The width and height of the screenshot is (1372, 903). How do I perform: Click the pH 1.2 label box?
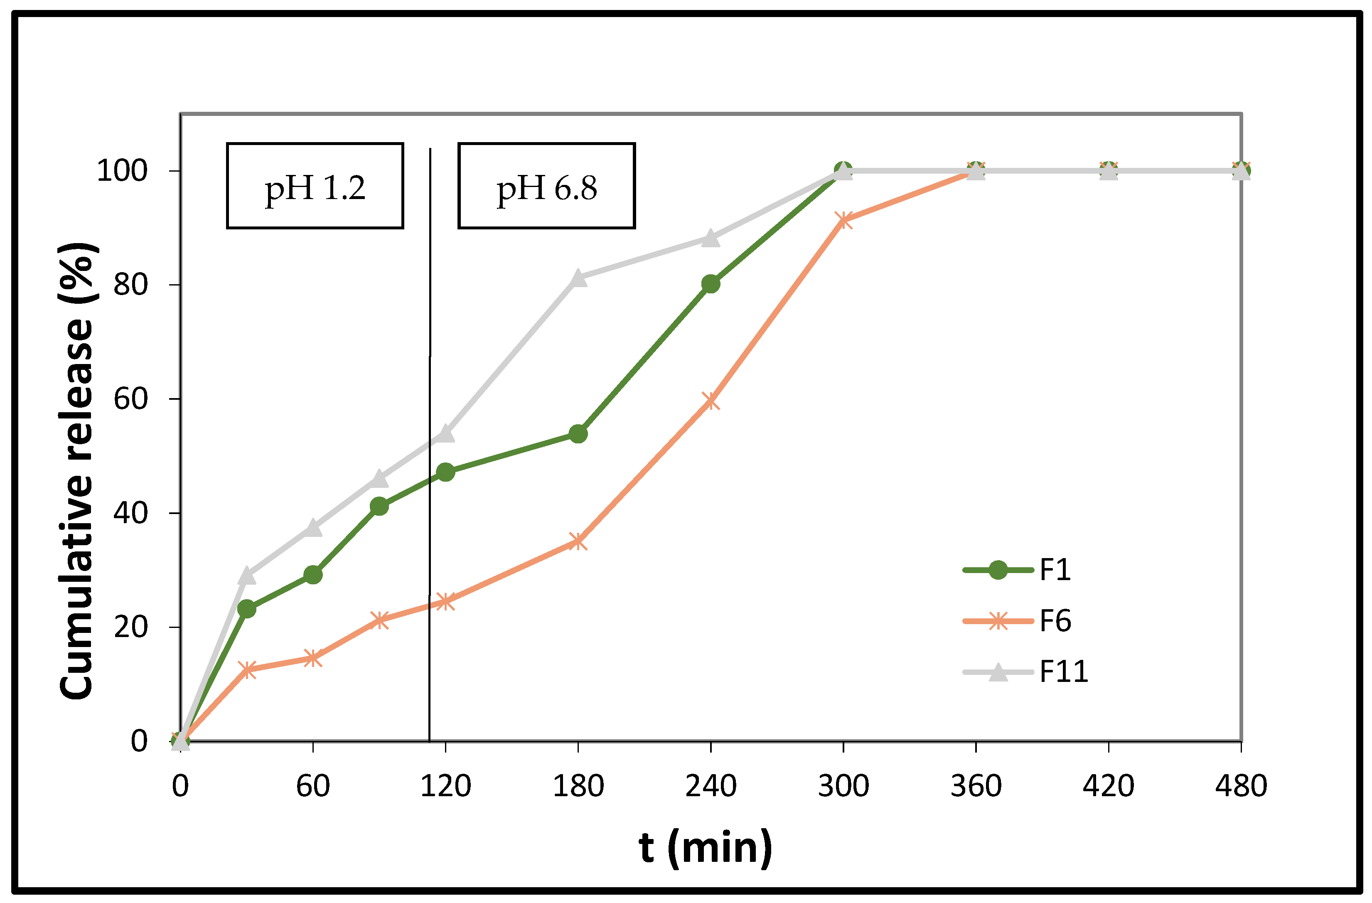(x=315, y=186)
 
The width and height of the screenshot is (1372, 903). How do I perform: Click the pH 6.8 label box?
(x=546, y=186)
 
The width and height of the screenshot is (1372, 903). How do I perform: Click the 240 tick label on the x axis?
(x=711, y=786)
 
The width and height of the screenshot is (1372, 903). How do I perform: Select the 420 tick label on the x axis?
(x=1108, y=786)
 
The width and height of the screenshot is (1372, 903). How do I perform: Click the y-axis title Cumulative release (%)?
(x=77, y=470)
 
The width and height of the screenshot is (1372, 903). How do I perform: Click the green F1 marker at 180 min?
(x=578, y=433)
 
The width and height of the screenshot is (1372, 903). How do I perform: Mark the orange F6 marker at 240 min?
(x=711, y=401)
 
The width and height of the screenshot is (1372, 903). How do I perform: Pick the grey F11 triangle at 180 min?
(x=578, y=278)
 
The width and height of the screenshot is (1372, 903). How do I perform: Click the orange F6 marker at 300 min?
(x=843, y=220)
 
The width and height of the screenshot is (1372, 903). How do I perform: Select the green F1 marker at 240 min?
(x=711, y=284)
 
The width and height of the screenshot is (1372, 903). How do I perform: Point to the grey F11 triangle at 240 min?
(x=711, y=238)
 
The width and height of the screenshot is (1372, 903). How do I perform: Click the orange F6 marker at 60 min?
(x=313, y=658)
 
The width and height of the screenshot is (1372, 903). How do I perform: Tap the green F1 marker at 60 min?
(x=313, y=574)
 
